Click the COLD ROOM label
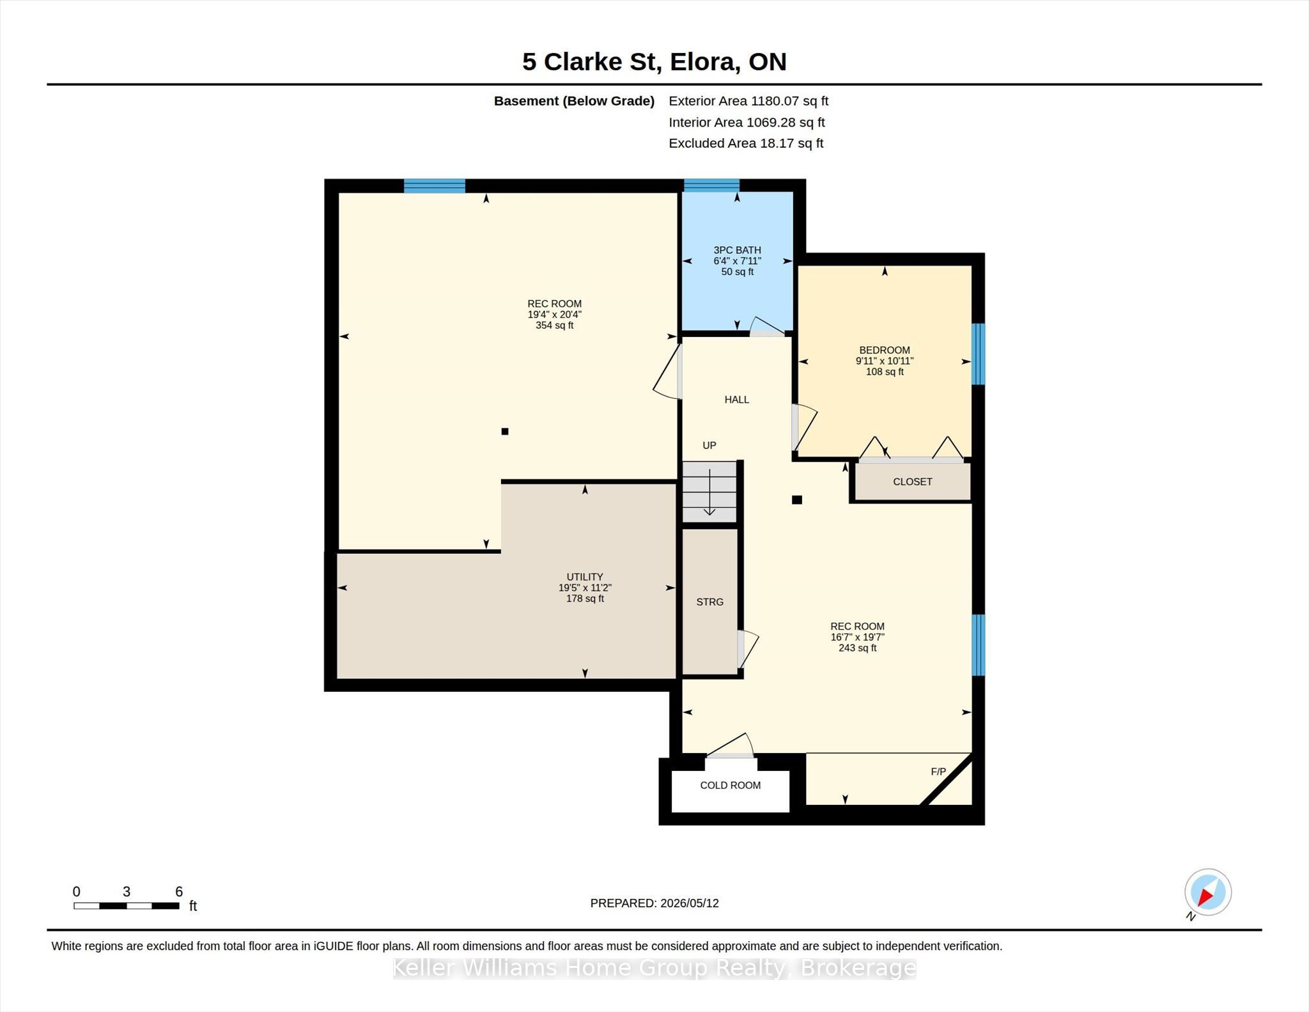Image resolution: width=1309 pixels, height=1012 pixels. coord(730,785)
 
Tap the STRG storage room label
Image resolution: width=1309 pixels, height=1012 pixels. coord(709,602)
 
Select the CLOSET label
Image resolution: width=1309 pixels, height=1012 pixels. coord(912,481)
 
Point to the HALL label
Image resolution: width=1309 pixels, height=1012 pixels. coord(736,400)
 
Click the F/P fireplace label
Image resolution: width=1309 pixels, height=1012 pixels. coord(938,772)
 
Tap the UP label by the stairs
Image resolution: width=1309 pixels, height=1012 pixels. coord(709,445)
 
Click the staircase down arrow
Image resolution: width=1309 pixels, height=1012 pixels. coord(709,492)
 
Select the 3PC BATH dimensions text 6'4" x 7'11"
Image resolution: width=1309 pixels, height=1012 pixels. coord(737,261)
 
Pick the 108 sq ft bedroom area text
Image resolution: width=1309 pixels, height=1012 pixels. coord(885,371)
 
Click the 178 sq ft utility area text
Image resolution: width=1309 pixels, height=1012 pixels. coord(585,598)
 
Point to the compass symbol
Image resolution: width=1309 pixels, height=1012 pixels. coord(1207,892)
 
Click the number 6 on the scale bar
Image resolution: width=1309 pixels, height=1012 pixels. coord(179,891)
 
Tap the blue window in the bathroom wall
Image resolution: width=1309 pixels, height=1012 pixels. coord(711,185)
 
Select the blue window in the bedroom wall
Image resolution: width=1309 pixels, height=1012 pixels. coord(978,354)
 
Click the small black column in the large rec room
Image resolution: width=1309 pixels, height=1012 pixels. coord(505,432)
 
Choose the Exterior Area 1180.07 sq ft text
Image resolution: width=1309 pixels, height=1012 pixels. coord(748,101)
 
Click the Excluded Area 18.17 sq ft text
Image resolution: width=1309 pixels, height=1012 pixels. coord(746,143)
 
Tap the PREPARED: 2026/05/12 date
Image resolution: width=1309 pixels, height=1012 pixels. coord(654,903)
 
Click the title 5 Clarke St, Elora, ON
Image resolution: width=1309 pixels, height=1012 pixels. coord(654,61)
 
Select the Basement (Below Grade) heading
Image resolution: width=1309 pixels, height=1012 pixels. coord(574,101)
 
